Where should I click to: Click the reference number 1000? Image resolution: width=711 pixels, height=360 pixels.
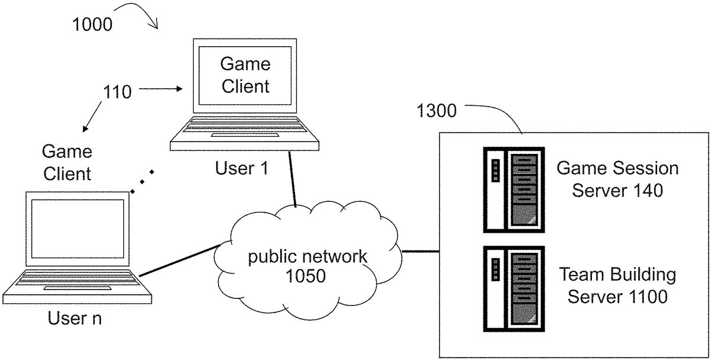pos(92,24)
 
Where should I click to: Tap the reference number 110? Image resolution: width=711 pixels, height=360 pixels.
pos(117,92)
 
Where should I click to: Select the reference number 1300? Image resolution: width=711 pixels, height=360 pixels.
pos(437,110)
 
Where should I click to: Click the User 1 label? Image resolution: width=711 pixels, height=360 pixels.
pos(242,169)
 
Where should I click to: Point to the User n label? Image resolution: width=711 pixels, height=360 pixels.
pos(74,319)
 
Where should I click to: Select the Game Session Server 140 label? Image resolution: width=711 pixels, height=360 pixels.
pos(617,179)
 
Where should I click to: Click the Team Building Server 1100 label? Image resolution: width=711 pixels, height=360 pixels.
pos(617,285)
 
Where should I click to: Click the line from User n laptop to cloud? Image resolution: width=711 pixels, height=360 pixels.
pos(178,261)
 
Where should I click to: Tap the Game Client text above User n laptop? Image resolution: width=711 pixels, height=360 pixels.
pos(67,162)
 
